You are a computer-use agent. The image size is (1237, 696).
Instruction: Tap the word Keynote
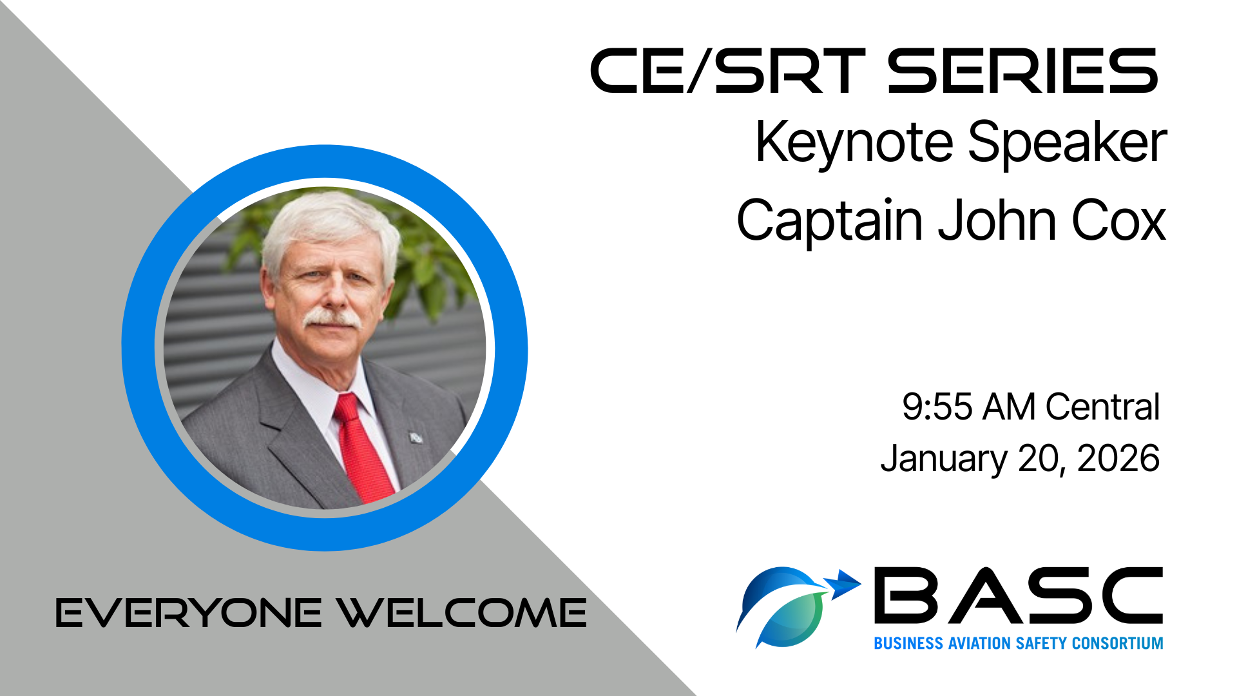[854, 143]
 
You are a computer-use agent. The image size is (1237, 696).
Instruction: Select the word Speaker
[1068, 143]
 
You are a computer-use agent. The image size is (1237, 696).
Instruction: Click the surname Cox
[1119, 220]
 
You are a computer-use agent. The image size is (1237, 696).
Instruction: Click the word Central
[1102, 407]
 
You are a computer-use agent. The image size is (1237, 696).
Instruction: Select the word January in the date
[943, 459]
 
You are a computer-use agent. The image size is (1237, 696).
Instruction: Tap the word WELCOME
[463, 613]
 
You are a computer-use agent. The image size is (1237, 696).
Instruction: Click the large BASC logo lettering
[1018, 595]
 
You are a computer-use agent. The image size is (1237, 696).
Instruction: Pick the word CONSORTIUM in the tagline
[1118, 643]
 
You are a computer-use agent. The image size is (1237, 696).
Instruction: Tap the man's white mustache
[332, 318]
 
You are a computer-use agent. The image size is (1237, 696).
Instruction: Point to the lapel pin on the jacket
[416, 438]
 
